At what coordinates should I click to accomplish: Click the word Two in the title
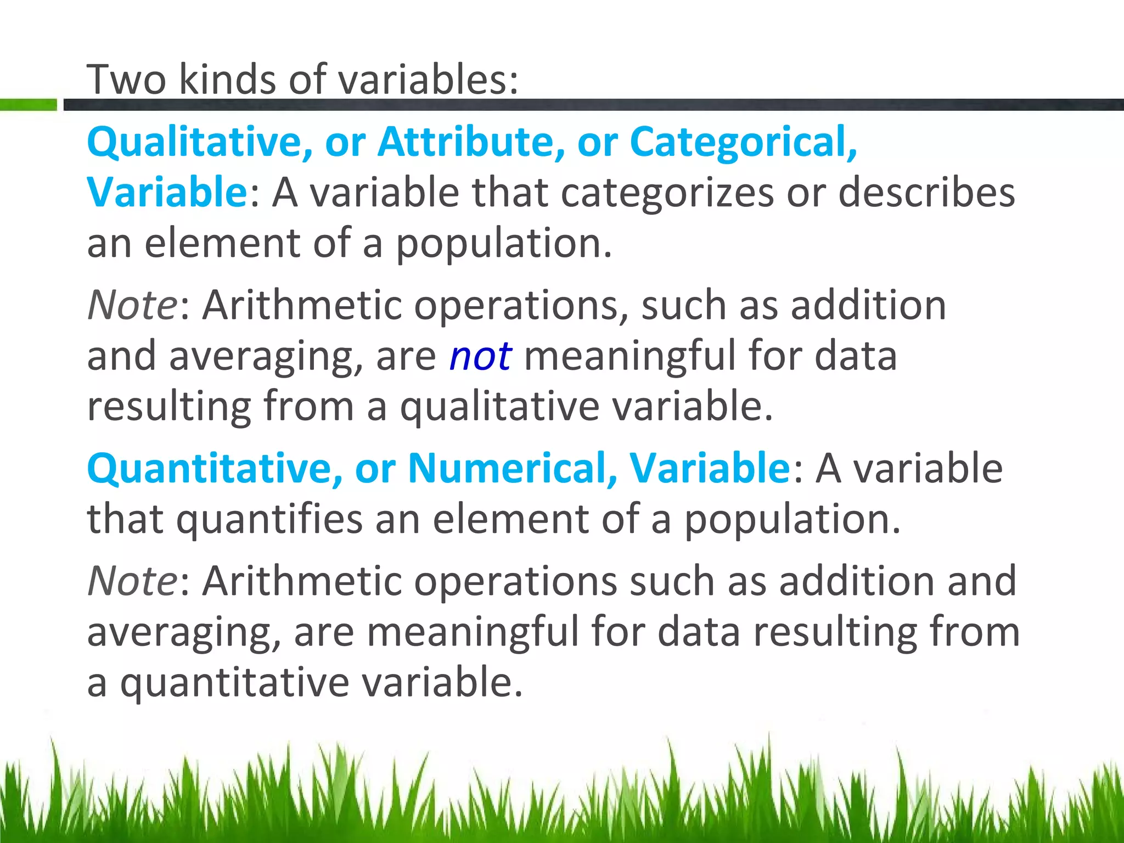126,80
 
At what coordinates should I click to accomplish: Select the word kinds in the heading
227,80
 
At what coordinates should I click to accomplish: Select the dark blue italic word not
480,356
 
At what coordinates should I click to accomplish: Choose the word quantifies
269,519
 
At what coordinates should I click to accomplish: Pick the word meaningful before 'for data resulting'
473,631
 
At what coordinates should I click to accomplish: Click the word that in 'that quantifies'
125,519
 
